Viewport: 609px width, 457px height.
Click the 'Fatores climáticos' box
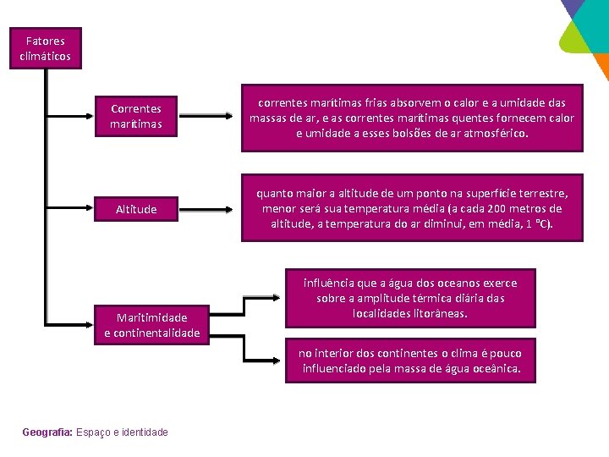(45, 48)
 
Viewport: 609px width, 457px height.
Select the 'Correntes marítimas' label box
(135, 117)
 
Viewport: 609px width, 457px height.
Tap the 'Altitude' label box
(135, 209)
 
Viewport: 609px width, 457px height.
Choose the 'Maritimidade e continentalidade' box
(152, 325)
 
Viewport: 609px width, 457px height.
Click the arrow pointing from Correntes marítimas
(211, 117)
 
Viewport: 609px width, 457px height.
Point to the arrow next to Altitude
(211, 208)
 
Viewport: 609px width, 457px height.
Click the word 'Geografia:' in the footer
(47, 432)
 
